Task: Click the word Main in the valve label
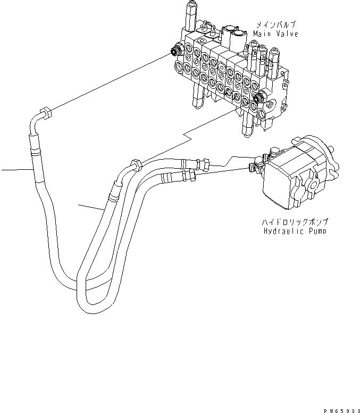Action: pyautogui.click(x=262, y=34)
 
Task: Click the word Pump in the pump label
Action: pyautogui.click(x=316, y=232)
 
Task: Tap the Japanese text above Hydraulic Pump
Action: pyautogui.click(x=294, y=222)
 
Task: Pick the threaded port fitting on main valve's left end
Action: pyautogui.click(x=174, y=51)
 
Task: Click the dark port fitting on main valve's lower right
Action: pyautogui.click(x=259, y=97)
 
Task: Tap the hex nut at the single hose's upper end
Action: pyautogui.click(x=46, y=113)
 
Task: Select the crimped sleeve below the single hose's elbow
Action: pyautogui.click(x=35, y=145)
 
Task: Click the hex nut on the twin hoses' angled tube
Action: pyautogui.click(x=135, y=164)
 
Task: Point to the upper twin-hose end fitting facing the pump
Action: pyautogui.click(x=203, y=161)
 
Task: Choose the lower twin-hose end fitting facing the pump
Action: pyautogui.click(x=190, y=175)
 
